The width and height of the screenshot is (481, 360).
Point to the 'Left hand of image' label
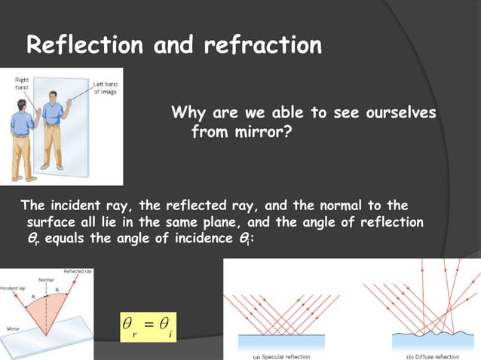[x=103, y=87]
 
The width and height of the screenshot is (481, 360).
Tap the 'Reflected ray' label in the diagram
[x=78, y=270]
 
